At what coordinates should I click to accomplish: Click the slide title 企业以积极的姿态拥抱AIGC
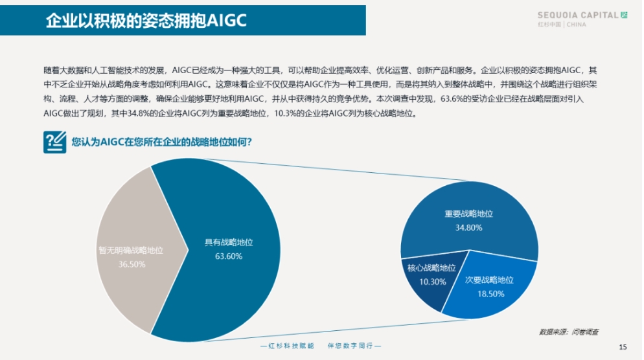[146, 21]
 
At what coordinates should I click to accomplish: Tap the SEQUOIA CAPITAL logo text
[578, 15]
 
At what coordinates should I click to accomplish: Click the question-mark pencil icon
[54, 142]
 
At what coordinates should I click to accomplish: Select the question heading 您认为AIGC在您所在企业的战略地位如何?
[161, 142]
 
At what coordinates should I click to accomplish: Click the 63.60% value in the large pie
[229, 256]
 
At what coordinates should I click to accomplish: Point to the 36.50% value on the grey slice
[132, 264]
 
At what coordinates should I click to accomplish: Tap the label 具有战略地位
[229, 243]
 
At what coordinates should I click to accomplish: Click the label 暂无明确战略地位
[131, 251]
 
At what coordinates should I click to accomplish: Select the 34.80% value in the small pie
[468, 228]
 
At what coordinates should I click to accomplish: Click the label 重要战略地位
[468, 214]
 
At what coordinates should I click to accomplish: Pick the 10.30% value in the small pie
[433, 282]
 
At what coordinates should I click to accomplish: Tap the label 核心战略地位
[431, 268]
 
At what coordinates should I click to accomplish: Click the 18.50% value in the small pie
[491, 294]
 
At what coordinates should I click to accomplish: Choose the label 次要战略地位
[489, 280]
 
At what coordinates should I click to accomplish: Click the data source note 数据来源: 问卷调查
[569, 332]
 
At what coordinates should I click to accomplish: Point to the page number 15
[623, 347]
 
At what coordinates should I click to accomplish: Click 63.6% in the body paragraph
[451, 99]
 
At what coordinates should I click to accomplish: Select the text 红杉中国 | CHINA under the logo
[562, 25]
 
